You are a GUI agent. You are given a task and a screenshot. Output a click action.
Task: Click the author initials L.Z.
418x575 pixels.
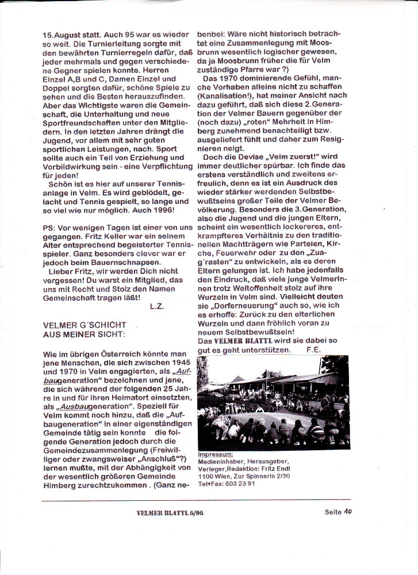pos(156,306)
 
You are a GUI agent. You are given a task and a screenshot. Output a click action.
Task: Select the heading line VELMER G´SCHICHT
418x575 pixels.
pos(85,325)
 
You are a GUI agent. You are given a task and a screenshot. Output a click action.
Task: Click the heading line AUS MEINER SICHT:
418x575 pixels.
pos(83,334)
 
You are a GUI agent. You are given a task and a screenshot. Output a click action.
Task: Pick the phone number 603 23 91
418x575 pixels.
pos(240,484)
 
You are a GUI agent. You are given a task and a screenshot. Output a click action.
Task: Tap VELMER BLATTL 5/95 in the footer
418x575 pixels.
pos(170,512)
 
